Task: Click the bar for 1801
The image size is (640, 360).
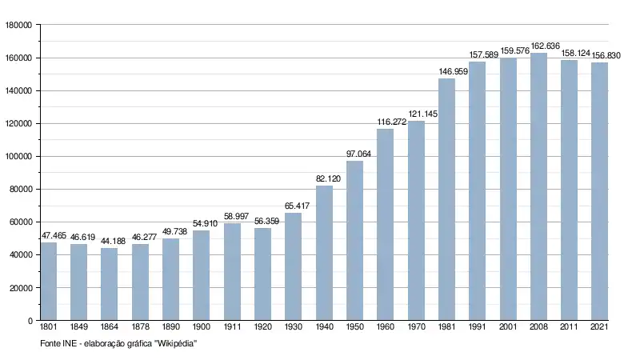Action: (x=49, y=281)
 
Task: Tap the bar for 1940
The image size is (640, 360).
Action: (x=324, y=253)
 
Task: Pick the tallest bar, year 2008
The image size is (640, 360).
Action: (x=538, y=186)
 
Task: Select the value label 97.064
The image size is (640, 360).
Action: (x=354, y=154)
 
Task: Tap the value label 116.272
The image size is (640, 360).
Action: (x=386, y=122)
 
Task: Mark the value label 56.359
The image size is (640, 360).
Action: (x=263, y=222)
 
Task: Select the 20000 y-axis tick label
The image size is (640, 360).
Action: (x=19, y=288)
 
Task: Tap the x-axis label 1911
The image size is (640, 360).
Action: (x=232, y=328)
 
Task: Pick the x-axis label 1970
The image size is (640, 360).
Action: (x=416, y=328)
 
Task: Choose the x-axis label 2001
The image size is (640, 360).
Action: (x=508, y=328)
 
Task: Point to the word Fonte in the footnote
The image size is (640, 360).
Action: (x=50, y=343)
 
